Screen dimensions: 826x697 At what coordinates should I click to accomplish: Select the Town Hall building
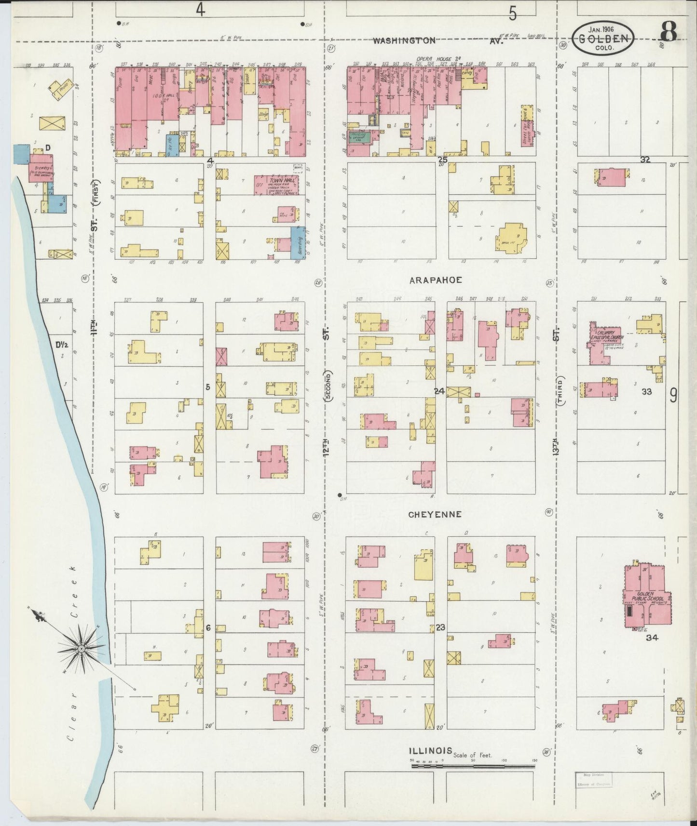[x=276, y=185]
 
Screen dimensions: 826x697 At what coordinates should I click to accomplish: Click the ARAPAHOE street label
[x=436, y=280]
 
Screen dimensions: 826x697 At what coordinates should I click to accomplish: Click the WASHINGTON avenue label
[x=404, y=41]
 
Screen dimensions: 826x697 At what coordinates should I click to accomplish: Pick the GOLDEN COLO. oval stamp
[x=603, y=39]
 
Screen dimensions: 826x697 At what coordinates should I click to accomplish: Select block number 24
[x=438, y=391]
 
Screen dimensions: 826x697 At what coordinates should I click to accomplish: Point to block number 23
[x=440, y=627]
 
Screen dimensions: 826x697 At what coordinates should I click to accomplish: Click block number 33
[x=646, y=392]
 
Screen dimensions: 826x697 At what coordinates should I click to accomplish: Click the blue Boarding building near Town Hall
[x=298, y=243]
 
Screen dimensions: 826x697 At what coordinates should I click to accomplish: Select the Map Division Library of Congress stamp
[x=593, y=780]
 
